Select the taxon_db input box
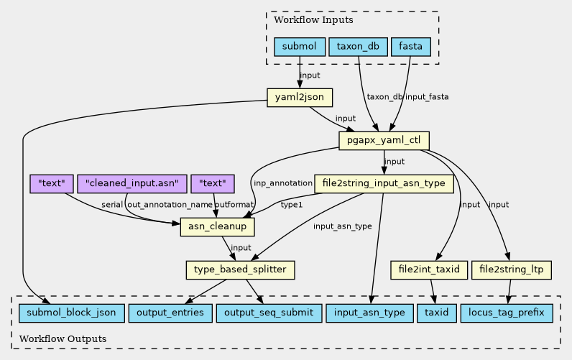click(358, 47)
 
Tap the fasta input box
click(410, 47)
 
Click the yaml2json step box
click(299, 97)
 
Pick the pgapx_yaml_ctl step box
click(384, 139)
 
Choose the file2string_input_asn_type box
click(384, 184)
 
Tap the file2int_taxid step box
click(430, 270)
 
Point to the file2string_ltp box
click(512, 270)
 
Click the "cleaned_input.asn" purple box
click(132, 183)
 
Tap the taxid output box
click(436, 313)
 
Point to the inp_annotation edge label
click(282, 183)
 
